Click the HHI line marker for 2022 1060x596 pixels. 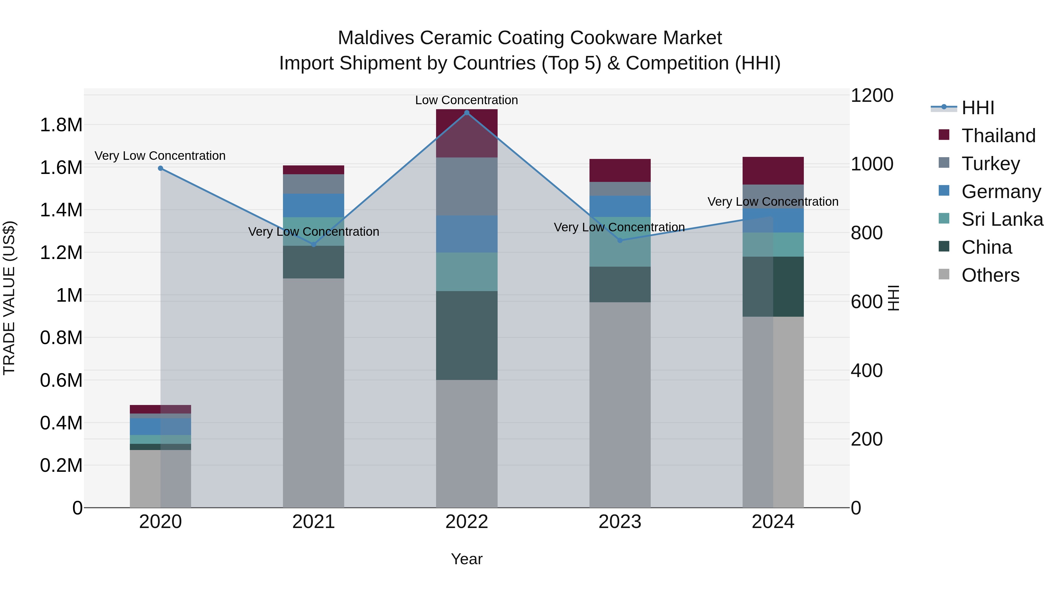[x=467, y=113]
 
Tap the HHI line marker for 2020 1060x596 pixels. [x=160, y=168]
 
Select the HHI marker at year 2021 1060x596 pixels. [x=314, y=245]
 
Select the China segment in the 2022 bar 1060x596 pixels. [x=467, y=335]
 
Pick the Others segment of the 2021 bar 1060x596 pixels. [x=314, y=393]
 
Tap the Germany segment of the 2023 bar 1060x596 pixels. [x=620, y=206]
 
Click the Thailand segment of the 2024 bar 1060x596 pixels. [x=773, y=171]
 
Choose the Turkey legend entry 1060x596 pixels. [x=991, y=164]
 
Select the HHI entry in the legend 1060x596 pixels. [x=978, y=108]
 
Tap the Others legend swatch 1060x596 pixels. [x=944, y=274]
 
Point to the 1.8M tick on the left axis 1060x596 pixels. [x=61, y=125]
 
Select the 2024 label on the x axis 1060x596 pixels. [x=773, y=522]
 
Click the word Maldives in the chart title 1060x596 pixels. [x=375, y=38]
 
